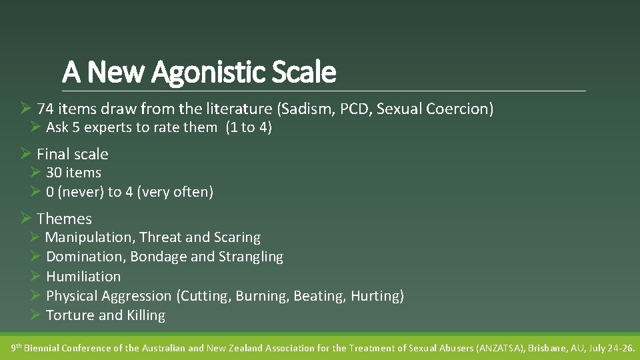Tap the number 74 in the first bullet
click(x=45, y=109)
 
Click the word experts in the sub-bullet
click(x=109, y=127)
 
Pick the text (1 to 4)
click(x=248, y=127)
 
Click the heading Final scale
click(x=72, y=154)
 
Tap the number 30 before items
click(x=54, y=173)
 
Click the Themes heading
click(x=64, y=219)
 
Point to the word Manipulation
click(x=89, y=237)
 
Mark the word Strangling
click(x=251, y=257)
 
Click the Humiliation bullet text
click(x=83, y=276)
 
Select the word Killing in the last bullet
click(x=146, y=315)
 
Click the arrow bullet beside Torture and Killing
click(x=35, y=315)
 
